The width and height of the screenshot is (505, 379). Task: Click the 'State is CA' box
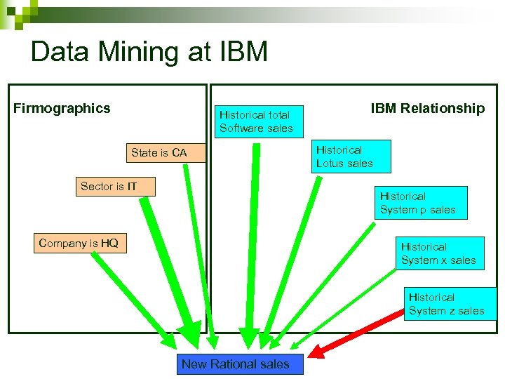(x=159, y=152)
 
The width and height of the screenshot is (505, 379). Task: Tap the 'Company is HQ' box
(x=79, y=244)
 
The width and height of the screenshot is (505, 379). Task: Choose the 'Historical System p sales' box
(x=422, y=203)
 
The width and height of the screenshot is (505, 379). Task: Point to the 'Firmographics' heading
(x=62, y=108)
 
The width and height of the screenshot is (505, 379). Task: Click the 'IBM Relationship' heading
(x=427, y=108)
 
